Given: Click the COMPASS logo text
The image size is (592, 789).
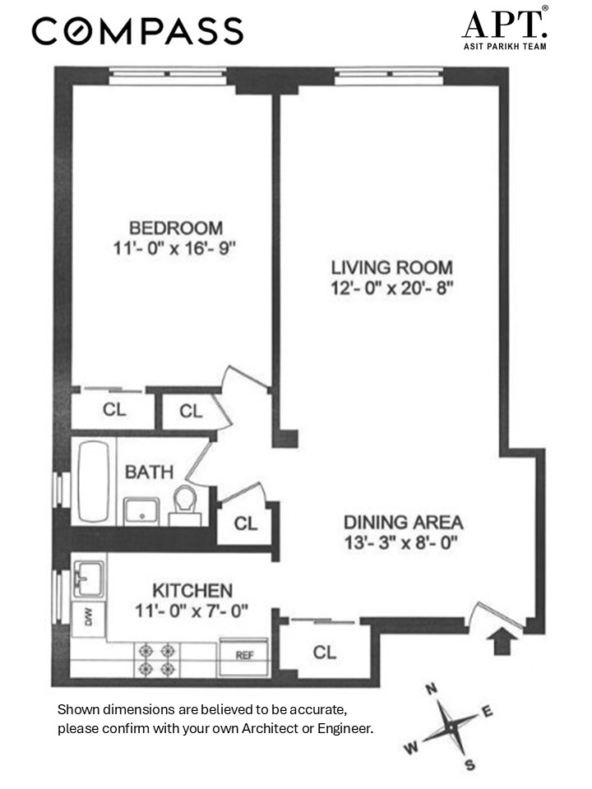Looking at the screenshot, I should click(x=137, y=31).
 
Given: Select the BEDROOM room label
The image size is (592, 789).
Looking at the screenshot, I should click(x=175, y=228).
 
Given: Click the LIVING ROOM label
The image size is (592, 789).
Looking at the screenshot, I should click(x=391, y=268).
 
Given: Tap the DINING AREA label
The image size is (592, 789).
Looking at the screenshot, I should click(x=403, y=522).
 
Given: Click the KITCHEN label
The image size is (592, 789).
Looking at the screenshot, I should click(x=192, y=590).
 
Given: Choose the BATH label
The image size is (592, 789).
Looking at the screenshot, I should click(x=149, y=472).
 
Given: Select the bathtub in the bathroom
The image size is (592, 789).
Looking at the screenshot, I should click(x=97, y=481).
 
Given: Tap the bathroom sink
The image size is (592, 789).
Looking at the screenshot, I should click(x=143, y=510).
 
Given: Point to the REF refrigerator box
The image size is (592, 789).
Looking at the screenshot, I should click(x=244, y=655).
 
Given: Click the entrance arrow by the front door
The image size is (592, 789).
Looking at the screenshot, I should click(x=497, y=641).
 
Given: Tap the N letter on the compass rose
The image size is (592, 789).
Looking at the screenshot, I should click(x=431, y=690).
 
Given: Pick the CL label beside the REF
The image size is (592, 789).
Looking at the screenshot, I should click(x=325, y=652).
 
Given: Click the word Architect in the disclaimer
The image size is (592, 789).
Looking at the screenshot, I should click(x=271, y=727).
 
